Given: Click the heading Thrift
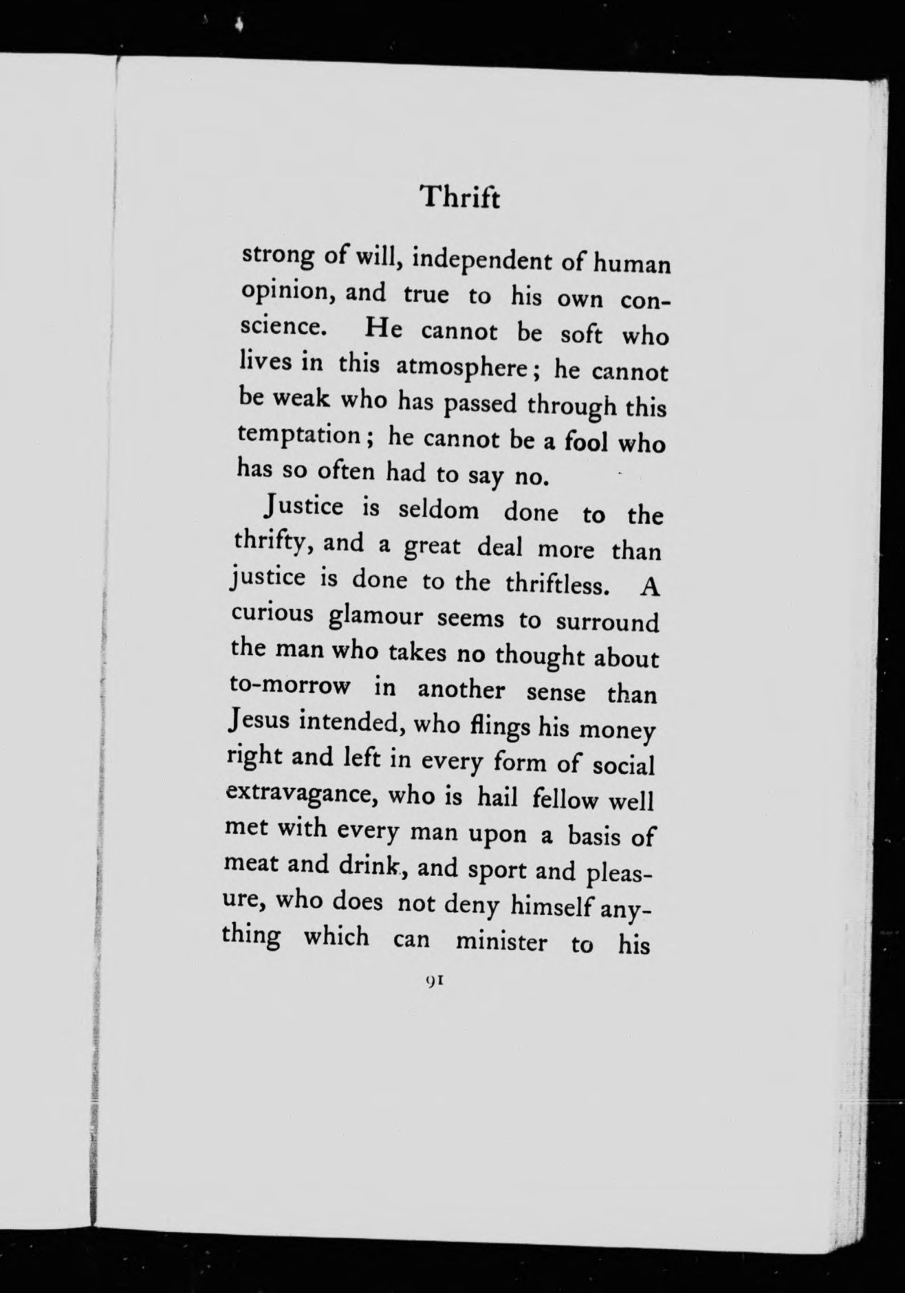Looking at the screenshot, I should [460, 198].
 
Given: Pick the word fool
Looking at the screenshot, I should [586, 441].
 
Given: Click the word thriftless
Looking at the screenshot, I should [557, 584].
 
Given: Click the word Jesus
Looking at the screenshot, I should [259, 721].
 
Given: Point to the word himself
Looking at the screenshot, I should [552, 907].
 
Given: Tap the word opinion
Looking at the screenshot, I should [287, 291].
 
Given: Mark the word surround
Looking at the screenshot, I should [607, 622].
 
